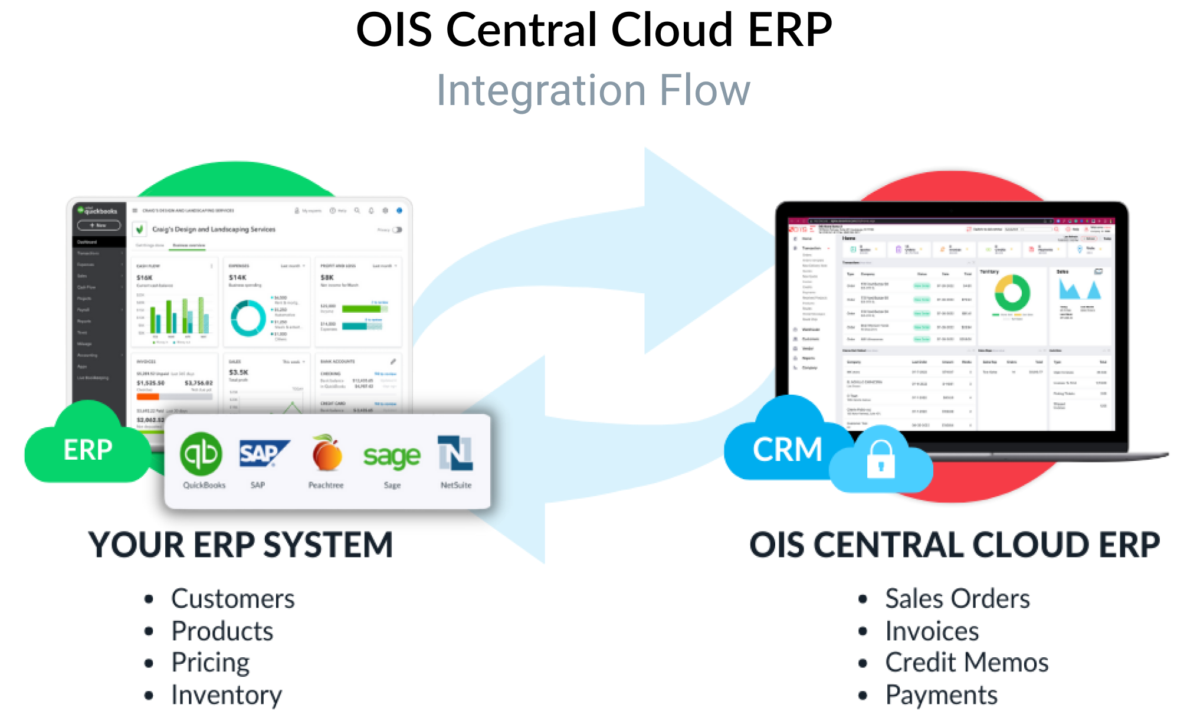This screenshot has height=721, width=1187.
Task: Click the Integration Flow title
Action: pos(592,91)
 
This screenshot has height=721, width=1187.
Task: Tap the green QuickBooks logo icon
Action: pos(201,454)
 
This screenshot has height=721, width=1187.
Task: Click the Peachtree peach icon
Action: pos(327,454)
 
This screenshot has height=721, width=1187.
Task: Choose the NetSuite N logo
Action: pos(455,453)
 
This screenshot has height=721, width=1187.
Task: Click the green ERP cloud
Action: pos(87,450)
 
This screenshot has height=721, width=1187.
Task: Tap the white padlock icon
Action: pos(880,460)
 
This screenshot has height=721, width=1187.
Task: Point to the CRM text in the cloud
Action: pos(788,450)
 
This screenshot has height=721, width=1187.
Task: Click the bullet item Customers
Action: pos(233,599)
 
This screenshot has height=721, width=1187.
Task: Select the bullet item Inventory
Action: pos(227,694)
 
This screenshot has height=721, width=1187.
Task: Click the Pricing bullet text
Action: pos(211,663)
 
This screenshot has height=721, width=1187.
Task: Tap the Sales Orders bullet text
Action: pos(957,599)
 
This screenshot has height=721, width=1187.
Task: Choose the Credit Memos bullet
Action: pos(967,663)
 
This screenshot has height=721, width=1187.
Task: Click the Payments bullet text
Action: pos(942,694)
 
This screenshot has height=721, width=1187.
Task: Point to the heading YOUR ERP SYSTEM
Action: pos(241,545)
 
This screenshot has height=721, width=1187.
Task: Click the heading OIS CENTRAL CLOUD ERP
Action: pos(954,545)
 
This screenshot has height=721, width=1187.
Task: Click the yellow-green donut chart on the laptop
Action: pos(1012,293)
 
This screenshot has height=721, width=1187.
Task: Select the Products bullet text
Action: pos(222,631)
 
